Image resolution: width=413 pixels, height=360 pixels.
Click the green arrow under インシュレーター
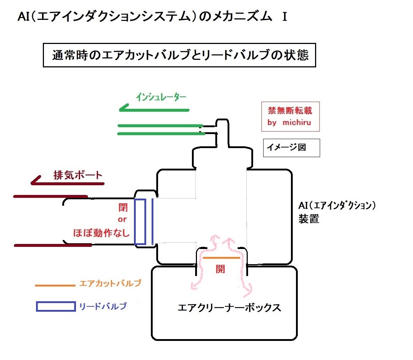click(x=155, y=108)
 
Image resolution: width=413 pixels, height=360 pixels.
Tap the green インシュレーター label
click(x=161, y=97)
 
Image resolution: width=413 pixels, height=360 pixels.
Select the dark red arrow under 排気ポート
click(x=68, y=182)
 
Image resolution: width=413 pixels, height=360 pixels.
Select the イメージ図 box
click(x=291, y=148)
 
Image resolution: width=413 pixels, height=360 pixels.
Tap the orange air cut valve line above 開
click(x=221, y=258)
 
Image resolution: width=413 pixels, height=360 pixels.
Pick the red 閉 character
click(x=123, y=208)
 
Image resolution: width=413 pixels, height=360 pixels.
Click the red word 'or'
click(x=122, y=220)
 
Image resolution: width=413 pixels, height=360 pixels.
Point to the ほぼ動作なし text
click(x=102, y=233)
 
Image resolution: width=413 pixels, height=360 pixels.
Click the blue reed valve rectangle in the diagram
click(x=140, y=222)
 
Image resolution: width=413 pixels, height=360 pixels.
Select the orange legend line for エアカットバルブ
click(x=55, y=285)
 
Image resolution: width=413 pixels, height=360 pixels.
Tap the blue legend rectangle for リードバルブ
click(x=56, y=306)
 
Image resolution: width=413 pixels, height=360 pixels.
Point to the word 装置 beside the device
click(x=309, y=219)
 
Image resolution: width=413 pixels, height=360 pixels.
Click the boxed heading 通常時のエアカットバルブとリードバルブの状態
click(x=179, y=55)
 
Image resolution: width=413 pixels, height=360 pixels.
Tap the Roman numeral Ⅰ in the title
click(x=284, y=17)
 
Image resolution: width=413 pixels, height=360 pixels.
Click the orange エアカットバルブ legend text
click(x=110, y=283)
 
